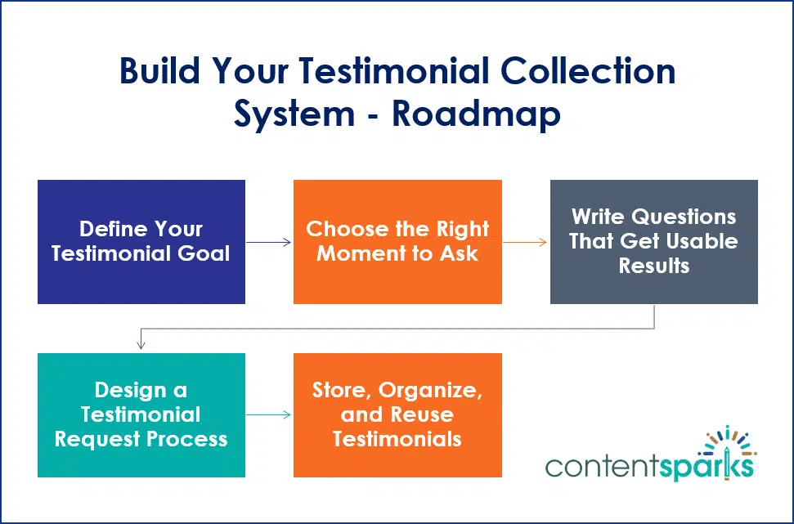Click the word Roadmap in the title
476,114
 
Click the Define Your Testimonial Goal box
141,242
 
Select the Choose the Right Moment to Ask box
397,242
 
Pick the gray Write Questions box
653,242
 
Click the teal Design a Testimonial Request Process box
141,414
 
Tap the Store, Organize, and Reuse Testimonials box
397,414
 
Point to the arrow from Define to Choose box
269,242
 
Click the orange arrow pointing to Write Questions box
525,242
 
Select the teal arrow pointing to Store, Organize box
269,414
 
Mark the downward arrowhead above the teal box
141,345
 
